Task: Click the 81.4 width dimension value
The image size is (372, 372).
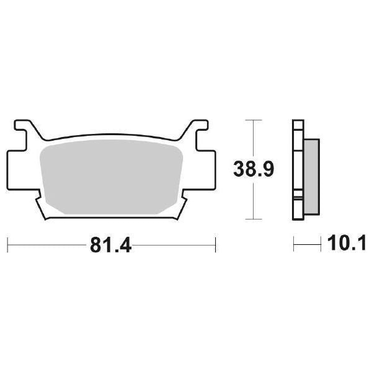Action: pos(111,244)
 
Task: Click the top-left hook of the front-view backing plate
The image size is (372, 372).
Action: pos(24,128)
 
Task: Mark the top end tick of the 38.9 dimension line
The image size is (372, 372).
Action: pos(252,119)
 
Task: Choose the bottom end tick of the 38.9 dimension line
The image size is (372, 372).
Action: pos(252,219)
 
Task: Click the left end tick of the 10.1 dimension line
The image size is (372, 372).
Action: pos(294,244)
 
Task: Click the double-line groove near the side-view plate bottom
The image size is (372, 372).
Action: pos(298,197)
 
